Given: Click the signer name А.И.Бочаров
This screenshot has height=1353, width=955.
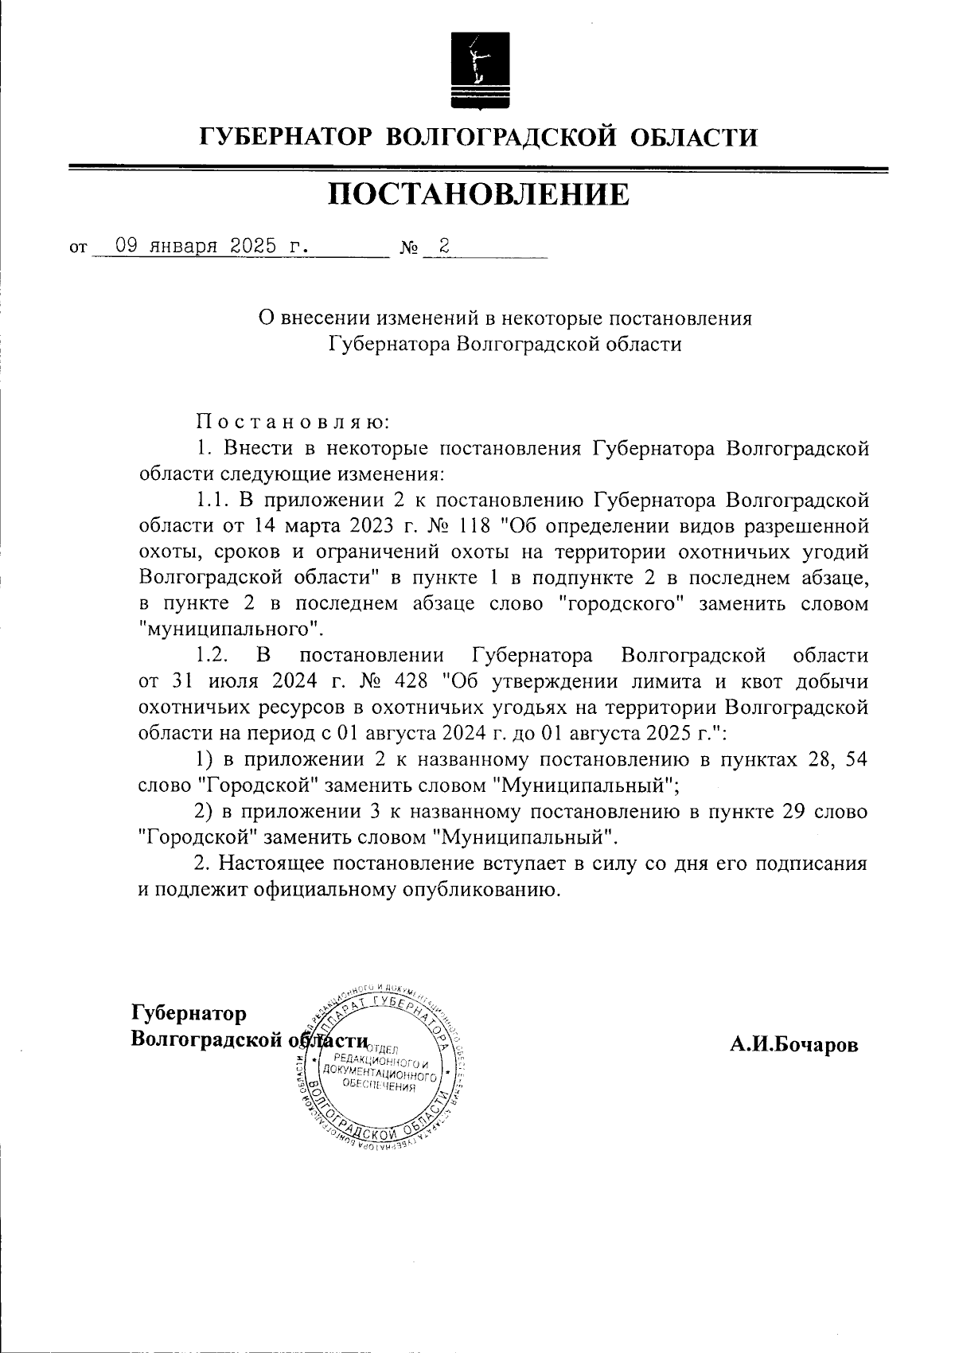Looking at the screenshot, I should [794, 1045].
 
